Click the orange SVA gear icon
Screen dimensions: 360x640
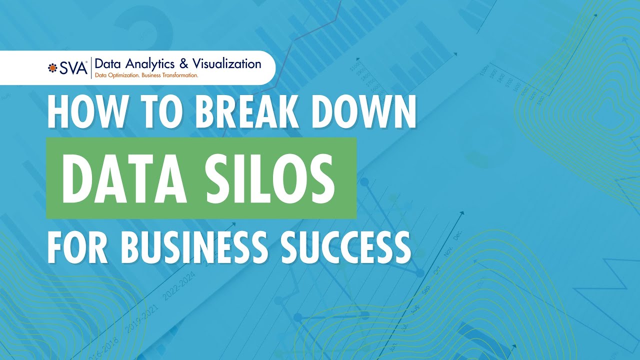52,67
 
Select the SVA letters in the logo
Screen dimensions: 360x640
73,67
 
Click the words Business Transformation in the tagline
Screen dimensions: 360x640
170,75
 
